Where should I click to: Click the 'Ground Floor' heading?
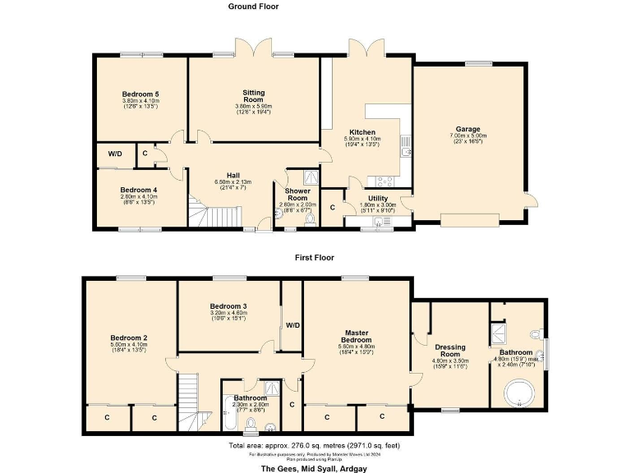(x=253, y=7)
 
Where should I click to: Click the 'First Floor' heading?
(x=315, y=257)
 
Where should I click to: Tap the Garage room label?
(x=468, y=130)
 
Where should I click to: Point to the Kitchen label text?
(x=362, y=132)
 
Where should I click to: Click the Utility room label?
(x=378, y=199)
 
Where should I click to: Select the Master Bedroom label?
(x=357, y=337)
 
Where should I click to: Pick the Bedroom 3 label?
(x=229, y=306)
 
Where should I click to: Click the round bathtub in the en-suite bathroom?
(x=518, y=393)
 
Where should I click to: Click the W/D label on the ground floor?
(x=114, y=153)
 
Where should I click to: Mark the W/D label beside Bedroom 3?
(x=292, y=325)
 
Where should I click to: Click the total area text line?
(x=315, y=445)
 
